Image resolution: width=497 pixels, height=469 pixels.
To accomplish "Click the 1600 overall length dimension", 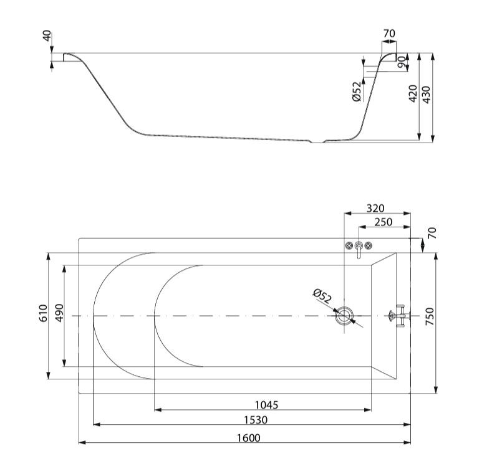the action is (249, 438).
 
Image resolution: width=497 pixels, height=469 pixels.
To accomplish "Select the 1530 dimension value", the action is (256, 420).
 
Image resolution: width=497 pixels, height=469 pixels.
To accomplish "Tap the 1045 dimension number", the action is (266, 405).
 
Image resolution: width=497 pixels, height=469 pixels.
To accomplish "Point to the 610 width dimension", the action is (43, 313).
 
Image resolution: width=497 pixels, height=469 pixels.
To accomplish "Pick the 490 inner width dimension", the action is (60, 313).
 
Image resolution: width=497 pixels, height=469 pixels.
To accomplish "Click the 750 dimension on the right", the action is (430, 316).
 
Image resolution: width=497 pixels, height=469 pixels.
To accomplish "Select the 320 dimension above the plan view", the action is (375, 209).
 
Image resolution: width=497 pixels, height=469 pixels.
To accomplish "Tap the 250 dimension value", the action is (384, 222).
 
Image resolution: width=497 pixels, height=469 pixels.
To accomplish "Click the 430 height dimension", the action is (427, 95).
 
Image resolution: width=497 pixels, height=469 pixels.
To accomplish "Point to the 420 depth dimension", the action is (413, 93).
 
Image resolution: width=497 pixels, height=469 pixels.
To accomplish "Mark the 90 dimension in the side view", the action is (401, 62).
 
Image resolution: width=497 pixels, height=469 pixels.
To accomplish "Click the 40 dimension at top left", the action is (47, 36).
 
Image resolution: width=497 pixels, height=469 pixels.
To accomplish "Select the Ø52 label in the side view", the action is (357, 92).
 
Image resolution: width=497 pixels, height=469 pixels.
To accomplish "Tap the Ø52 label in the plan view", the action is (322, 296).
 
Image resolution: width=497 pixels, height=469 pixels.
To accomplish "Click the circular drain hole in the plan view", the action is (344, 316).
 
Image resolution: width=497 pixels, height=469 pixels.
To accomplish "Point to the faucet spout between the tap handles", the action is (359, 250).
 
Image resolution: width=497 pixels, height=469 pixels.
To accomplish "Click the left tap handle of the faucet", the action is (349, 245).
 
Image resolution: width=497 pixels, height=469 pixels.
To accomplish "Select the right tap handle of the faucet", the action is (368, 245).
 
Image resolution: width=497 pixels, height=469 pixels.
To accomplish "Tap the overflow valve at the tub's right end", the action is (399, 316).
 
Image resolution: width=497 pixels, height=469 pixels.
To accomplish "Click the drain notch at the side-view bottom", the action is (317, 141).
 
